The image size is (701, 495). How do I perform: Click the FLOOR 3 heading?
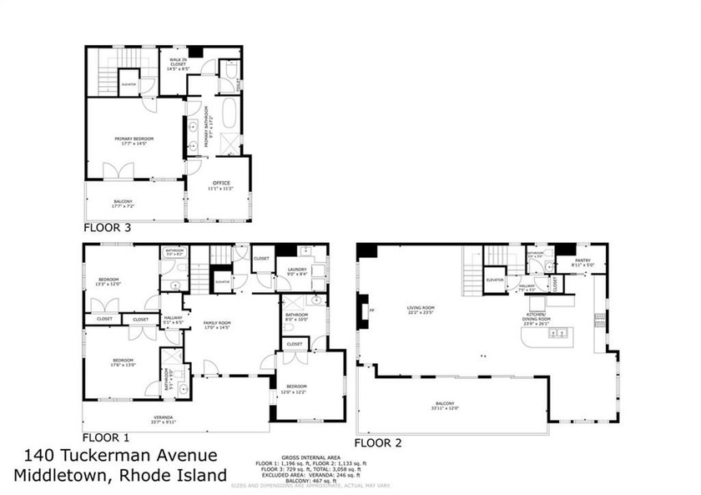point(107,226)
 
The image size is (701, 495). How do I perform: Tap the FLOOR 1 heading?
point(104,437)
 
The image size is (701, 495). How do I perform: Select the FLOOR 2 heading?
point(378,443)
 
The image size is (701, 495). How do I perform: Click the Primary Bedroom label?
point(134,140)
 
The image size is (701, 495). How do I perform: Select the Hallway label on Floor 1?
point(173,319)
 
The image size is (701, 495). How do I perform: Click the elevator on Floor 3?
point(129,85)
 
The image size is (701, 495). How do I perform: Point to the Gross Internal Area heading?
point(311,457)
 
